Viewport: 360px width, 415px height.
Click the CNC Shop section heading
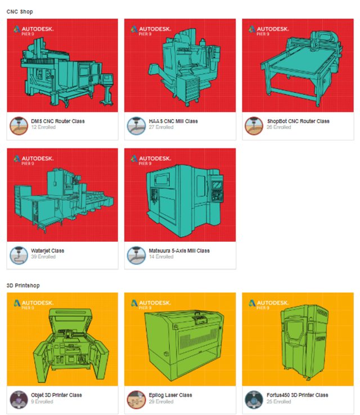pos(20,12)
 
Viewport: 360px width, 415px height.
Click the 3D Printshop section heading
pos(23,285)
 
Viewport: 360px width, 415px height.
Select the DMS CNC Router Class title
pos(58,121)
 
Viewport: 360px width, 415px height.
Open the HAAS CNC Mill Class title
pos(173,121)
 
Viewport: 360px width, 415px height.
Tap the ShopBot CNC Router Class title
pos(298,121)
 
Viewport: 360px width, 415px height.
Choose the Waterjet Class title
pos(47,251)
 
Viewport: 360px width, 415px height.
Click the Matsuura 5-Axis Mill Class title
pos(179,250)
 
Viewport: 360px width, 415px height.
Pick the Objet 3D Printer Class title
pos(56,395)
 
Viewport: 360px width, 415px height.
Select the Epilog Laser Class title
pos(170,395)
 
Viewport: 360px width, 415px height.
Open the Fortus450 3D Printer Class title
pos(297,395)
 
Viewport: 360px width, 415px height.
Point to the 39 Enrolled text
pos(43,256)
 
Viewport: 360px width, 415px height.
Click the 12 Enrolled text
pos(43,127)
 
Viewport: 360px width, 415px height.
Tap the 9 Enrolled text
pos(42,402)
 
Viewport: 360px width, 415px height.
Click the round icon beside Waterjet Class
pos(19,255)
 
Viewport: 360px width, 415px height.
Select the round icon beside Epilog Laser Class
pos(136,400)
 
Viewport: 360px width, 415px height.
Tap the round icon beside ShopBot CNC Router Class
pos(254,126)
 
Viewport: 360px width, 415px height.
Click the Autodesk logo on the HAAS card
pos(151,30)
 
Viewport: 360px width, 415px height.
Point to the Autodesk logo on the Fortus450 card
pos(269,304)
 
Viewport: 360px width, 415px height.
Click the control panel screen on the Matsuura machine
pos(217,185)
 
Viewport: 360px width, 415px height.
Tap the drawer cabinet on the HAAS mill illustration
pos(191,89)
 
